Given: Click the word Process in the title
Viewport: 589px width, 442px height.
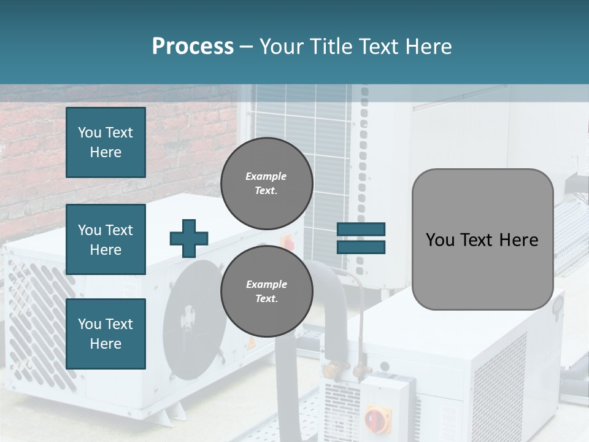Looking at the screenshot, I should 193,46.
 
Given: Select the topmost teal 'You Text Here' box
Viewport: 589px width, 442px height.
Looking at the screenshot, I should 106,142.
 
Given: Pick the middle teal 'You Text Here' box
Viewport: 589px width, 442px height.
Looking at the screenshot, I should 106,239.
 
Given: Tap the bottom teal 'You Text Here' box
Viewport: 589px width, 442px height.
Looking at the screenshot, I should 106,333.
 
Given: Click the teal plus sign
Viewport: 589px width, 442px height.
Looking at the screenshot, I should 189,238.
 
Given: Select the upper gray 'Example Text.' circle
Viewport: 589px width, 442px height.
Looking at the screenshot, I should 266,184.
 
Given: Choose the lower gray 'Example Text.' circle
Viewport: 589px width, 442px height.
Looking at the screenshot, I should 266,292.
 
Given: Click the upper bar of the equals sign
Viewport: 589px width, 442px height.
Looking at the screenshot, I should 361,230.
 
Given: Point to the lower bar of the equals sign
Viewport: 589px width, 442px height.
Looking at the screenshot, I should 361,247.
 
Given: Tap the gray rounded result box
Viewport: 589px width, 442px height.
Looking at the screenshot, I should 482,239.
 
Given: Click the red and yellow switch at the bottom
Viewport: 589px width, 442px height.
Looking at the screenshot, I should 377,419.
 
